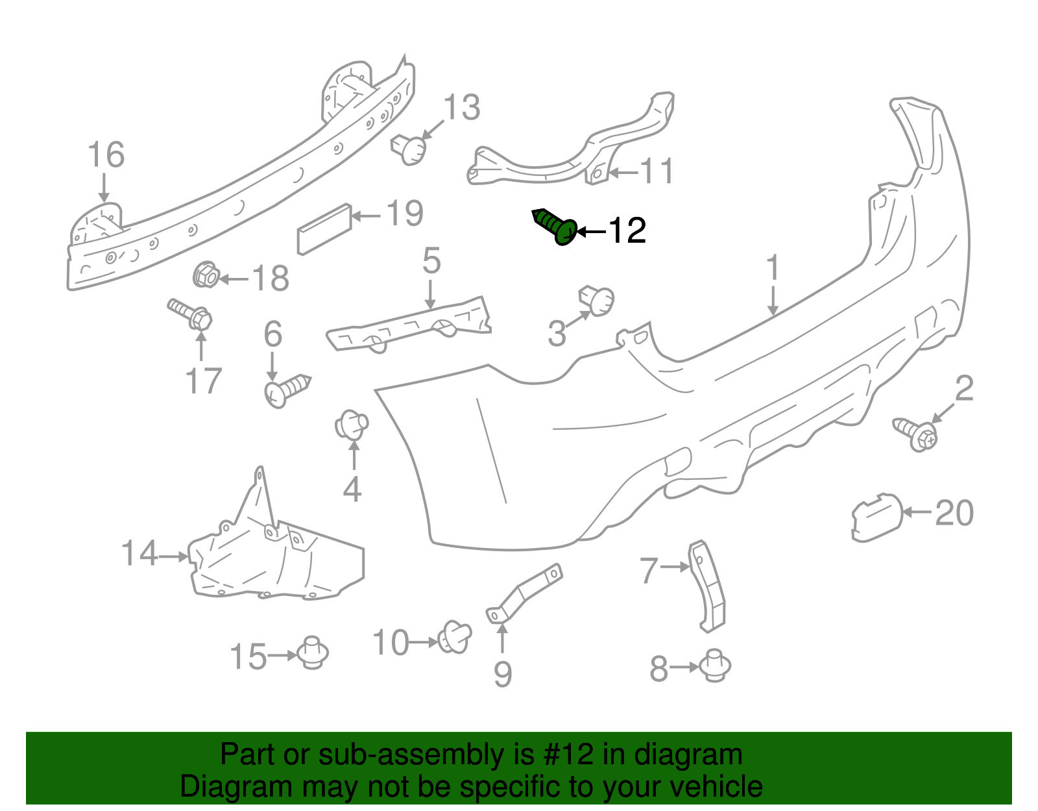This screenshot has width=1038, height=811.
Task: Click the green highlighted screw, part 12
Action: pos(555,227)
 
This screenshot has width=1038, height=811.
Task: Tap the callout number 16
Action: pos(106,155)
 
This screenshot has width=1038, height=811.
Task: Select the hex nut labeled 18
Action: pos(206,275)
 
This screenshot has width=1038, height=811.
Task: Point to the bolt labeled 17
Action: pos(190,314)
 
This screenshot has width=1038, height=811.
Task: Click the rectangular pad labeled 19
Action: pos(324,229)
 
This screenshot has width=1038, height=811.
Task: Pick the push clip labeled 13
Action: pos(409,149)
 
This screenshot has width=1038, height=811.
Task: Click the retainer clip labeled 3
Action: pos(597,301)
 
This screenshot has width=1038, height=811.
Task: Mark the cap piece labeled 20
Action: pos(877,518)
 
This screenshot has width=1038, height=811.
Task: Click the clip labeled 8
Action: pos(715,666)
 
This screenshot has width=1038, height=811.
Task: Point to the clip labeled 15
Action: pos(313,653)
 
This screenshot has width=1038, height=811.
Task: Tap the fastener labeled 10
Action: pos(454,637)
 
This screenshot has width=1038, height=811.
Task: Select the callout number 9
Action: pos(503,675)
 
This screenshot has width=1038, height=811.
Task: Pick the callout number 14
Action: pos(139,553)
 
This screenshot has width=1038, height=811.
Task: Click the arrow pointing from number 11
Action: pos(624,173)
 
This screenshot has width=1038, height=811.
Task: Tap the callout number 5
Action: pos(431,260)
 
